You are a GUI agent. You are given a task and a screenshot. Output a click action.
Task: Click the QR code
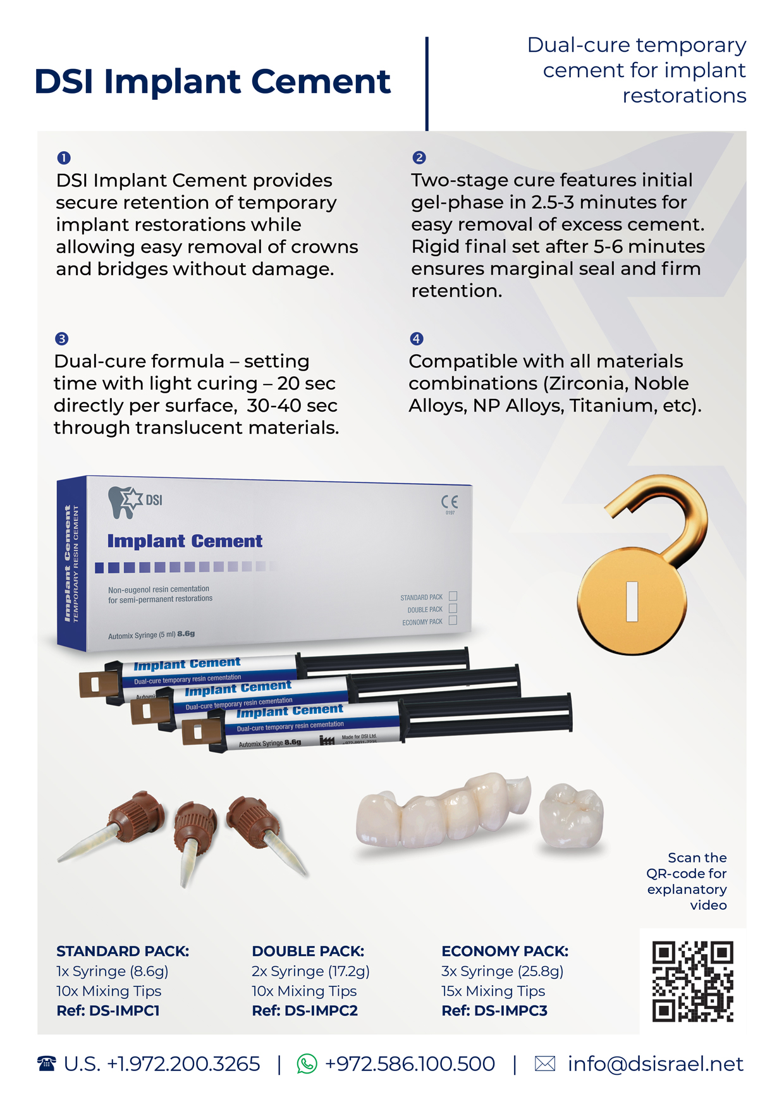[x=692, y=981]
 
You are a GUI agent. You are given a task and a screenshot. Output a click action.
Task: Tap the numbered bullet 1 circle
[x=63, y=157]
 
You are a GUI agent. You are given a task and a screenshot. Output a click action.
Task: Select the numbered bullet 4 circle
[x=416, y=338]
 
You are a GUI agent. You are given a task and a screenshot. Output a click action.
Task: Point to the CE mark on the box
[x=450, y=502]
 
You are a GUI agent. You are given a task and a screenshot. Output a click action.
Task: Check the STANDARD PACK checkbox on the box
[x=453, y=596]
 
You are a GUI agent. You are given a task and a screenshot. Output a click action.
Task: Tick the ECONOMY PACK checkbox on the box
[x=453, y=621]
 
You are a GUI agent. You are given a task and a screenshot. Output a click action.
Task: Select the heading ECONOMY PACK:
[x=505, y=951]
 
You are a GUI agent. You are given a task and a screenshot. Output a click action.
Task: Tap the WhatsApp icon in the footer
[x=307, y=1064]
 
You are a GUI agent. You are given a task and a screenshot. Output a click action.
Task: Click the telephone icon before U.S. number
[x=46, y=1064]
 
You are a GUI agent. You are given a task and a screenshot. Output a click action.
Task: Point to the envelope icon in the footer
[x=545, y=1064]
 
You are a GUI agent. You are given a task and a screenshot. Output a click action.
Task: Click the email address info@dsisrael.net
[x=655, y=1064]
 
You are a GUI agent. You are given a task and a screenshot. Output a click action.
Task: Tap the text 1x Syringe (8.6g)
[x=112, y=971]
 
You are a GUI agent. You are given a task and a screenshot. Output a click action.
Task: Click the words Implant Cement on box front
[x=185, y=541]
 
